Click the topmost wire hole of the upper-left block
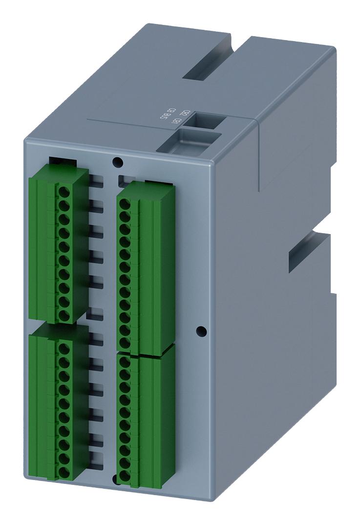(63, 192)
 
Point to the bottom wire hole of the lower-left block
(63, 472)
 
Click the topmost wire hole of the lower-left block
(63, 349)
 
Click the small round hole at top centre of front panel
(116, 162)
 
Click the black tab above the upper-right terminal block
(159, 182)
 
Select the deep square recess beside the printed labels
(205, 120)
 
